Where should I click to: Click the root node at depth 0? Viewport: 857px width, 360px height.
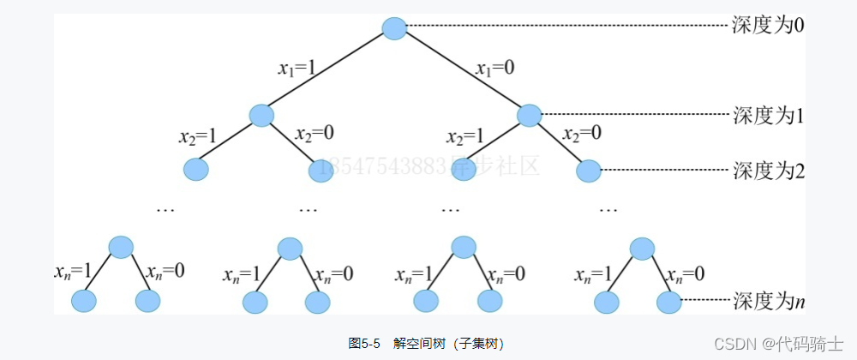tap(394, 28)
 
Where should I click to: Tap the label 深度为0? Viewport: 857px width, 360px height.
tap(769, 24)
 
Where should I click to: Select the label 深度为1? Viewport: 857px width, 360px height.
tap(769, 115)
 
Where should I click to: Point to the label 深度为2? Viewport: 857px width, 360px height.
tap(769, 171)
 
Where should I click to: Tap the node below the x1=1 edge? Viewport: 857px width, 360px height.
tap(261, 115)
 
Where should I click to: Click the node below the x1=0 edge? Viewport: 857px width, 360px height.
tap(530, 115)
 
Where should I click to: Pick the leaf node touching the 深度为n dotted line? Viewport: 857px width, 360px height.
tap(668, 302)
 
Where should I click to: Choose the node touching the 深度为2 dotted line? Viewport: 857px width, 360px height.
tap(589, 171)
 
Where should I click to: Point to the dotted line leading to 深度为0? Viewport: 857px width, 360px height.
tap(566, 26)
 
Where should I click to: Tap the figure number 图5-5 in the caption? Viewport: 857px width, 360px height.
tap(364, 342)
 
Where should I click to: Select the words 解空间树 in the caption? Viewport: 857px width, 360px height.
tap(415, 342)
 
